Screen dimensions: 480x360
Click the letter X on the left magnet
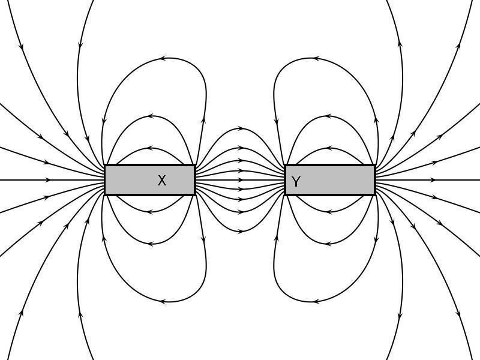tap(162, 181)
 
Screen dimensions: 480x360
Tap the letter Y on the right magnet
tap(296, 182)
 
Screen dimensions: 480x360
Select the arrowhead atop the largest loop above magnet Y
tap(317, 58)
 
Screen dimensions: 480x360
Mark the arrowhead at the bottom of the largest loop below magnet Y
tap(317, 302)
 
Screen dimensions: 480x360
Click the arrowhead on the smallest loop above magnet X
tap(149, 148)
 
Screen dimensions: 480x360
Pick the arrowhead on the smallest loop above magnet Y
tap(329, 148)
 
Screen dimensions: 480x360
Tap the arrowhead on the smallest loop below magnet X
tap(149, 212)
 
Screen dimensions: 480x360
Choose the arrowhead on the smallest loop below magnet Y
tap(329, 212)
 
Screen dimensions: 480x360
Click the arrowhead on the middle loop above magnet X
tap(151, 116)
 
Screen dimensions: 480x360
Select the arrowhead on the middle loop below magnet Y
tap(328, 244)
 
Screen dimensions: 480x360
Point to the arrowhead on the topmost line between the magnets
tap(242, 128)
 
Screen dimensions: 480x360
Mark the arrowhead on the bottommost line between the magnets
tap(242, 232)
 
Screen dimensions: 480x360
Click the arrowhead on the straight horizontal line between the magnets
tap(241, 180)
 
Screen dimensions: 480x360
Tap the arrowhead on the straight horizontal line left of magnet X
tap(49, 180)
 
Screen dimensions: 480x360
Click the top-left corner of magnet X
tap(104, 164)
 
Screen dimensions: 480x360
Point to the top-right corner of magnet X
tap(196, 164)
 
